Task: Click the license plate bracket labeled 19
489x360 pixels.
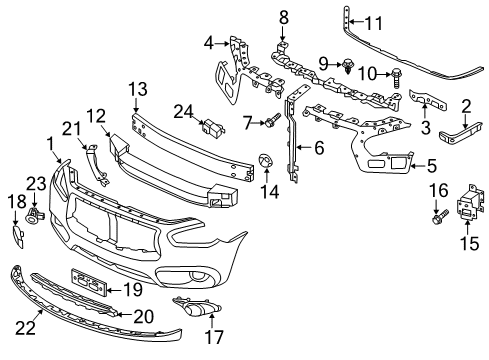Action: (x=87, y=282)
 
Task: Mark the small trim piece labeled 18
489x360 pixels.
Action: (x=18, y=235)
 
